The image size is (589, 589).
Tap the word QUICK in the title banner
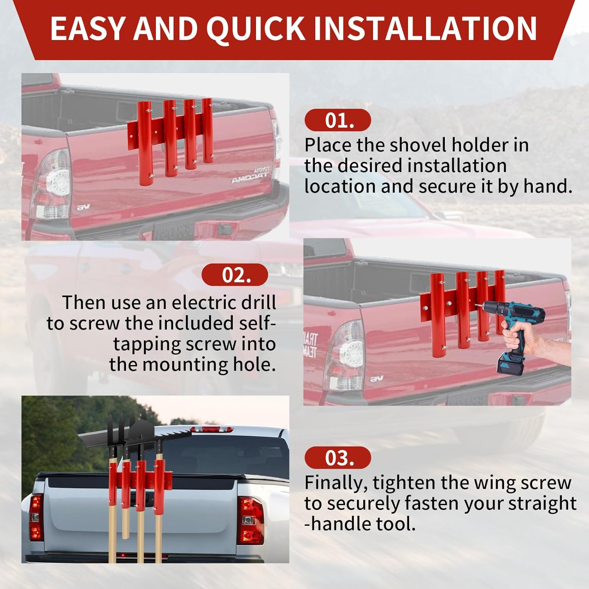click(255, 29)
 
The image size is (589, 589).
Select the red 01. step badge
click(338, 120)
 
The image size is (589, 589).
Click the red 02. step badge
click(235, 275)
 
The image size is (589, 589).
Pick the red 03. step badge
click(338, 458)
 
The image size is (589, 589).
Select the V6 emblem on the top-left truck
click(83, 207)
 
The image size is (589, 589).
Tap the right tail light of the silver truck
click(251, 520)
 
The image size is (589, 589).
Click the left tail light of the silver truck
click(36, 516)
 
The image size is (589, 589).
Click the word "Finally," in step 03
click(336, 483)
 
